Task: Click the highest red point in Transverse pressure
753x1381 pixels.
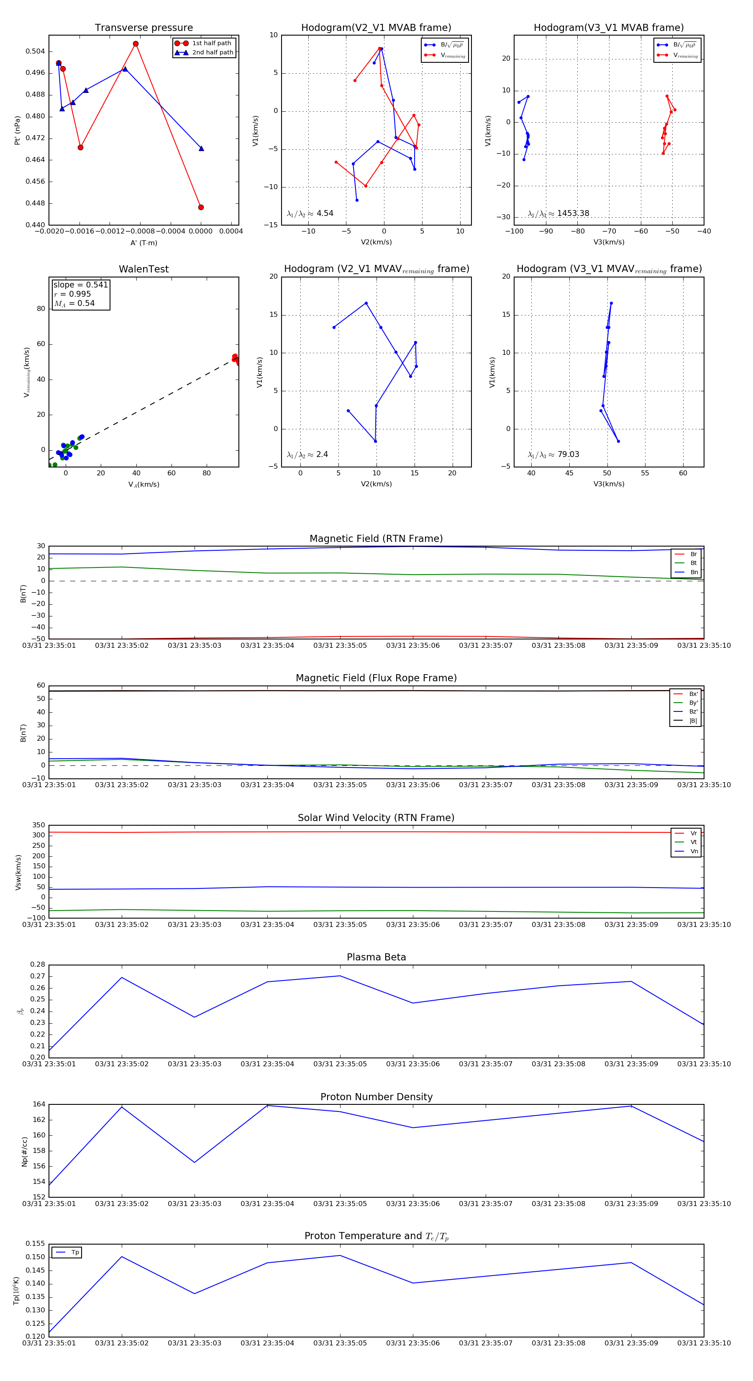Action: (x=136, y=44)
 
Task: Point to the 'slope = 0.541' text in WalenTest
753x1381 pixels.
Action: (x=80, y=285)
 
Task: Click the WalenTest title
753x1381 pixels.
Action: (x=143, y=269)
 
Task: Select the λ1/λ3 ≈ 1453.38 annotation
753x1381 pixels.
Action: (x=558, y=213)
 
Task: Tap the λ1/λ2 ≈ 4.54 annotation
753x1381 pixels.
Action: (x=310, y=213)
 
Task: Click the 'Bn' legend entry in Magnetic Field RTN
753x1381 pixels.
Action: (x=694, y=572)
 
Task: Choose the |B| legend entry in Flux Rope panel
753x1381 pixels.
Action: (x=693, y=721)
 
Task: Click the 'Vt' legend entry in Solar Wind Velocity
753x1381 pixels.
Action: (x=694, y=842)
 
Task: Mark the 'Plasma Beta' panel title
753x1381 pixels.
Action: (x=376, y=957)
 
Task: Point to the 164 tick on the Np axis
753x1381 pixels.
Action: (x=39, y=1104)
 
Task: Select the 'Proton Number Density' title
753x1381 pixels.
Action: (x=376, y=1097)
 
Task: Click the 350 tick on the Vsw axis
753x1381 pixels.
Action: (x=38, y=825)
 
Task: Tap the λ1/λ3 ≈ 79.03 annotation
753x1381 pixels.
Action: (x=553, y=454)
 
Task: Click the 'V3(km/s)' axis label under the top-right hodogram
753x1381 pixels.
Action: (x=608, y=242)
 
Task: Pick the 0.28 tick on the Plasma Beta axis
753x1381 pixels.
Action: (x=38, y=965)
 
